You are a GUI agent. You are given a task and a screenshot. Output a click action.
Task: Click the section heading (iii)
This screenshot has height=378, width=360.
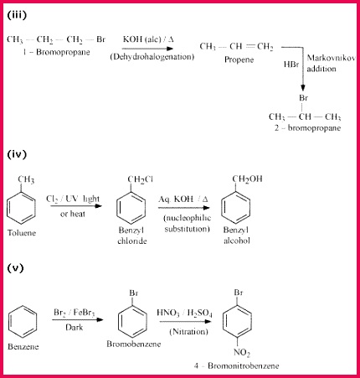[17, 15]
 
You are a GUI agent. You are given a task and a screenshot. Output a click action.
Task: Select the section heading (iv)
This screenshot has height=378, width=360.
[17, 154]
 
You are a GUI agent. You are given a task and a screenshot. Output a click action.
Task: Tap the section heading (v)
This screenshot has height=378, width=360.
[15, 268]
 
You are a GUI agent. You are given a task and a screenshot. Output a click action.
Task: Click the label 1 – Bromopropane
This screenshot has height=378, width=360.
[57, 52]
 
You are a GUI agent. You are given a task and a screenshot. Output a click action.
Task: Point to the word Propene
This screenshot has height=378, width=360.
[239, 60]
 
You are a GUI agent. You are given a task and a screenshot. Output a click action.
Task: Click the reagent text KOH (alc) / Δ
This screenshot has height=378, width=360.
[148, 39]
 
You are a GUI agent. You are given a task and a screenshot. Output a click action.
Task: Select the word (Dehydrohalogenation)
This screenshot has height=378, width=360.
[152, 57]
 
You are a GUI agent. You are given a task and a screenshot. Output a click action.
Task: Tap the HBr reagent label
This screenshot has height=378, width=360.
[291, 65]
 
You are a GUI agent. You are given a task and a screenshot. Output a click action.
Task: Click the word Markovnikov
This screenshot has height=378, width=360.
[331, 58]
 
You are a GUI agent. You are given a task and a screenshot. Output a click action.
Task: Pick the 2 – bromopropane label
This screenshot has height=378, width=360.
[307, 128]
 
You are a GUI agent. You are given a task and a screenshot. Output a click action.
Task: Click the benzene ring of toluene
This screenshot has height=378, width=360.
[21, 207]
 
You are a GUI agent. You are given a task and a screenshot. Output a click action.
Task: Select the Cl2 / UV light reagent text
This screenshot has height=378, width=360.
[73, 199]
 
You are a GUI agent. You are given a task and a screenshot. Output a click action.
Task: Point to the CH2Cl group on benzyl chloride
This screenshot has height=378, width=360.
[140, 179]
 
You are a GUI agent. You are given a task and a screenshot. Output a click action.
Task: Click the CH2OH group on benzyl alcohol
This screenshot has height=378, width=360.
[247, 179]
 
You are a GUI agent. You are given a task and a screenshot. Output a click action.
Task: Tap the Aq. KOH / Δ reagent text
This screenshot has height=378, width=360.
[183, 199]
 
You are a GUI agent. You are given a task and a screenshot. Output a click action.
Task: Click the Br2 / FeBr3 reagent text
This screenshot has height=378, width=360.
[75, 313]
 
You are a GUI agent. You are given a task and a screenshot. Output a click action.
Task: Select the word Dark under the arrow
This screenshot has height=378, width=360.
[75, 327]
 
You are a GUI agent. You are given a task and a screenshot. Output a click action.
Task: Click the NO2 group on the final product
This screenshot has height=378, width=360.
[242, 353]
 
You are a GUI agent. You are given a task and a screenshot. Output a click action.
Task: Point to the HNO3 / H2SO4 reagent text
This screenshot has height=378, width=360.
[184, 313]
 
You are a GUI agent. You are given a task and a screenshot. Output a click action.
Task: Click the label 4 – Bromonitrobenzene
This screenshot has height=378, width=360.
[237, 365]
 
